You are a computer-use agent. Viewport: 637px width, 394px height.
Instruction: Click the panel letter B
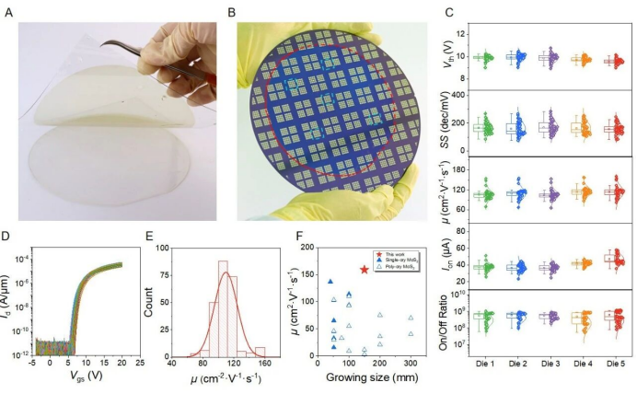[232, 13]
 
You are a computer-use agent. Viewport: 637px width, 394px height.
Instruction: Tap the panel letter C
[448, 13]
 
